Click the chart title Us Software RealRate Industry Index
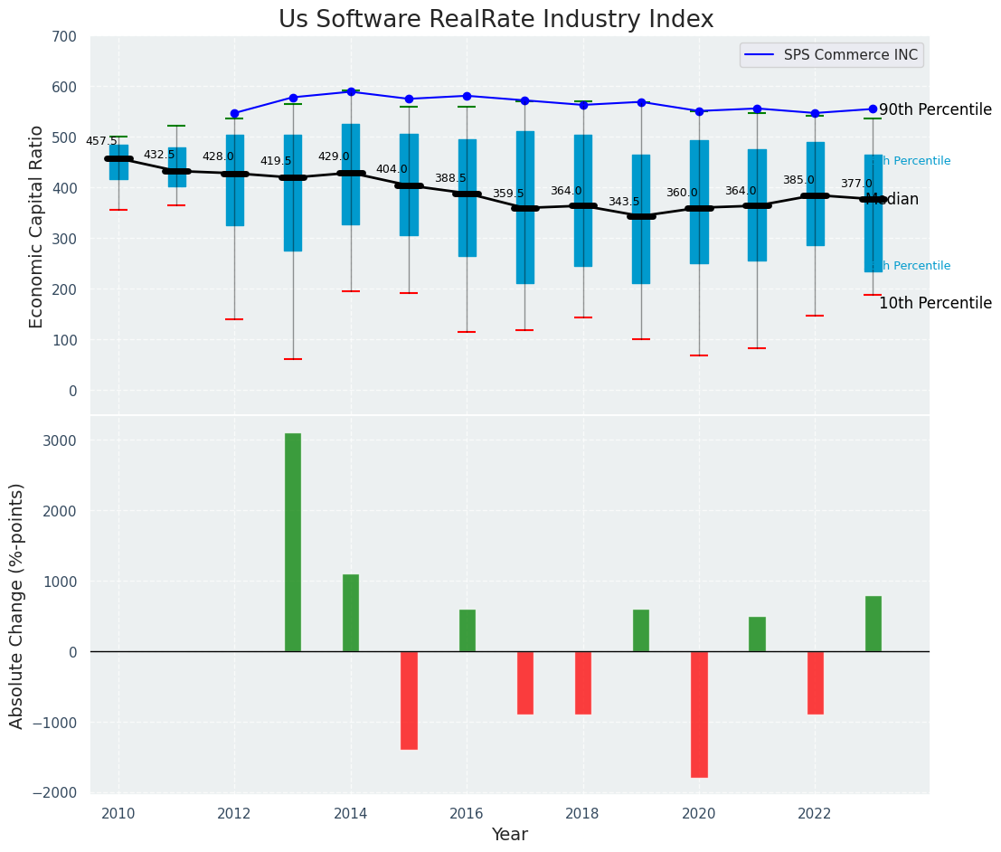(x=496, y=20)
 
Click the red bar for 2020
(x=699, y=714)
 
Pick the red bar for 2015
(x=409, y=699)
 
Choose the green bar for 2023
(x=873, y=623)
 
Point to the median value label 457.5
(x=101, y=141)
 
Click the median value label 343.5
(x=623, y=202)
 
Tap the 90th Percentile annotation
(x=935, y=109)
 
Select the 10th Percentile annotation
(x=935, y=304)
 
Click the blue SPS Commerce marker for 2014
(x=351, y=91)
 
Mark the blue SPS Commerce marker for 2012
(x=234, y=113)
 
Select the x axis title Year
(x=510, y=835)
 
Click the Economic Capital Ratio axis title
(x=36, y=226)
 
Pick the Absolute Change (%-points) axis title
(x=17, y=605)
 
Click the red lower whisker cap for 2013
(x=292, y=359)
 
